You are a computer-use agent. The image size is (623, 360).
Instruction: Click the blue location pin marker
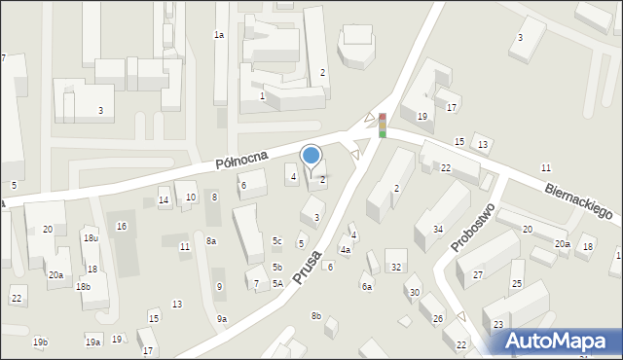coord(311,156)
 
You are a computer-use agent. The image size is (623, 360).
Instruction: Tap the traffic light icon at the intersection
coord(383,125)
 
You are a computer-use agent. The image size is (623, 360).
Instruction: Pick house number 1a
coord(219,35)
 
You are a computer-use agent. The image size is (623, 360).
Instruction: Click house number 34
coord(438,230)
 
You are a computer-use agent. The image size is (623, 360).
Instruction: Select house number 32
coord(395,267)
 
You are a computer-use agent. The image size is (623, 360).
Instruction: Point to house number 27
coord(478,275)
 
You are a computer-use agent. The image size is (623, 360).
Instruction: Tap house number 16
coord(122,227)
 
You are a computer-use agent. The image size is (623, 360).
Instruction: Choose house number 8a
coord(211,240)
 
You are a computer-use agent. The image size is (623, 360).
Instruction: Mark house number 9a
coord(222,319)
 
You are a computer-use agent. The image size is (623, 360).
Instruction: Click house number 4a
coord(345,250)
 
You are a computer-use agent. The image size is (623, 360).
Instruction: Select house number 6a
coord(367,286)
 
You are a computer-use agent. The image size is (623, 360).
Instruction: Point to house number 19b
coord(40,342)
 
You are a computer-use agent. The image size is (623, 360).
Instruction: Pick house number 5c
coord(277,240)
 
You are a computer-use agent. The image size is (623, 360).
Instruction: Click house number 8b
coord(316,315)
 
